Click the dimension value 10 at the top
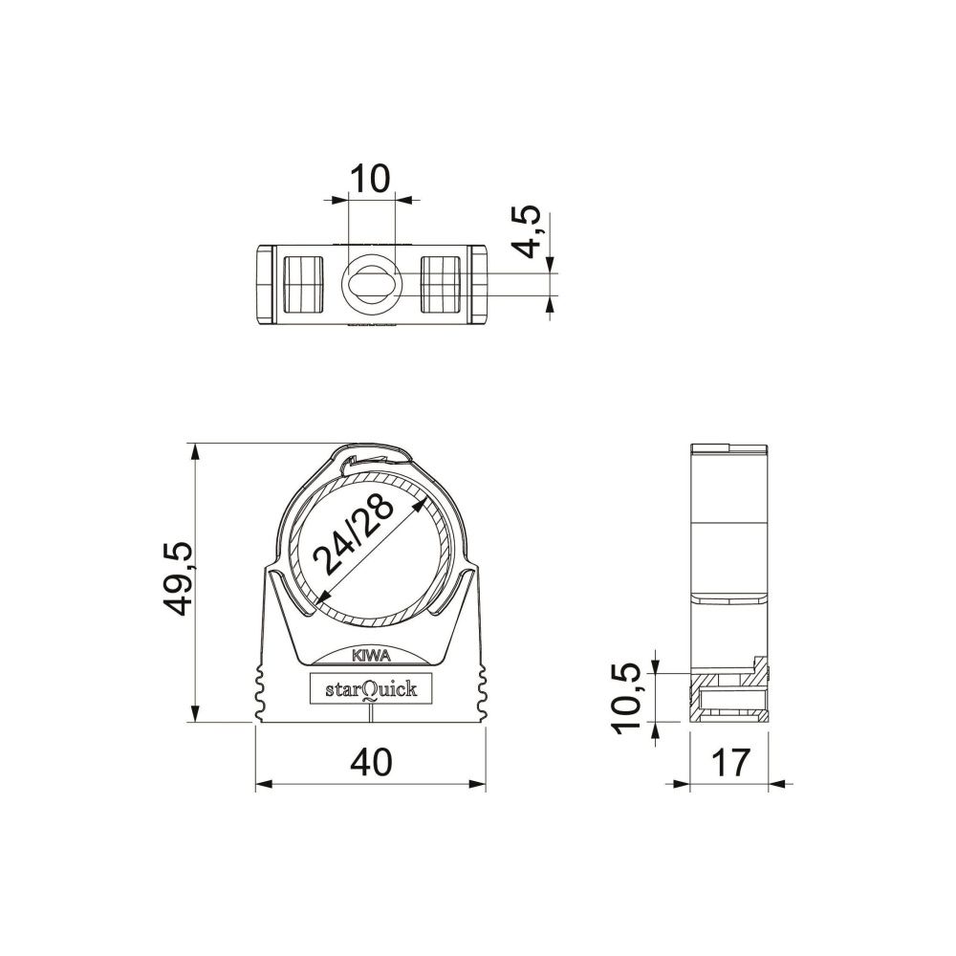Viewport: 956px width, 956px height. pos(370,179)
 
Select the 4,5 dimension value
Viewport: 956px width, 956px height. pos(525,231)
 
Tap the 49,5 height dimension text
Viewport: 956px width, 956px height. pos(178,578)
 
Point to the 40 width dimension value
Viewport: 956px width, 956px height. pos(371,762)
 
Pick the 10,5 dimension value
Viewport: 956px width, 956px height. pos(627,698)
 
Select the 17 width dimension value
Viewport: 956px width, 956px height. pos(729,762)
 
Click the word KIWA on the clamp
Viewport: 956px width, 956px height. pos(371,656)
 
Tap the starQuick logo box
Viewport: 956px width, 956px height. pos(371,688)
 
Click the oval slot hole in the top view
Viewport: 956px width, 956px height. pos(371,285)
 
